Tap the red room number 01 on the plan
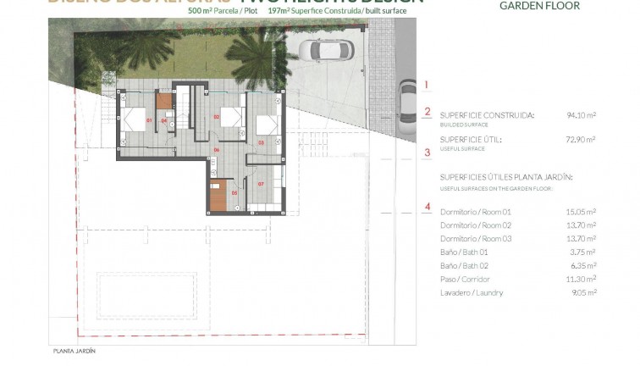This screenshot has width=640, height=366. pyautogui.click(x=149, y=121)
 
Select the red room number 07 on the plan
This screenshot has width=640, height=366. pyautogui.click(x=261, y=183)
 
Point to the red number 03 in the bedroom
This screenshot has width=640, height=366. pyautogui.click(x=261, y=142)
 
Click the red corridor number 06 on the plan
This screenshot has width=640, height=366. pyautogui.click(x=217, y=150)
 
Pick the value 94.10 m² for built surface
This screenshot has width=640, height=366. pyautogui.click(x=581, y=114)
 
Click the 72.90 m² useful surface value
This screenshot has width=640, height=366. pyautogui.click(x=581, y=138)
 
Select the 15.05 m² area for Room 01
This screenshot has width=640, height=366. pyautogui.click(x=581, y=212)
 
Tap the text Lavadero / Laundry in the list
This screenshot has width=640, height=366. pyautogui.click(x=472, y=293)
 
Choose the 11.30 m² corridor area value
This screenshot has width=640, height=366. pyautogui.click(x=581, y=280)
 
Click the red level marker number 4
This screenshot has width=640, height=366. pyautogui.click(x=428, y=206)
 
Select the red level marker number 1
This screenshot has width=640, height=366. pyautogui.click(x=428, y=85)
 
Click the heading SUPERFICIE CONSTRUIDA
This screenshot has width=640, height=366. pyautogui.click(x=487, y=114)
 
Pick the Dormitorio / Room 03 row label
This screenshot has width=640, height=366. pyautogui.click(x=474, y=239)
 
